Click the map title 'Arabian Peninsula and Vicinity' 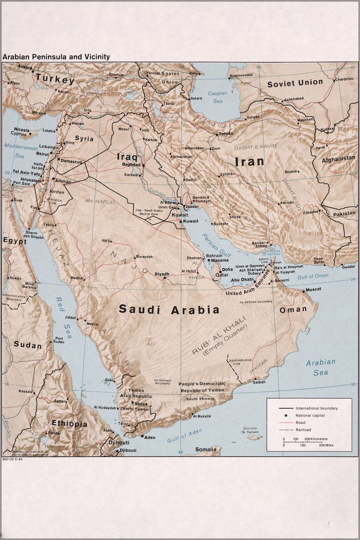[x=56, y=57]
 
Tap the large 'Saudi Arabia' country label [x=169, y=310]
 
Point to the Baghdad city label [x=131, y=164]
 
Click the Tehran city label [x=226, y=133]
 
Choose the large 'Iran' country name [x=249, y=161]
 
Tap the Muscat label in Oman [x=313, y=289]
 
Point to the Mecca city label [x=92, y=324]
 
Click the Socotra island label [x=250, y=429]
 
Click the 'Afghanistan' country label [x=338, y=158]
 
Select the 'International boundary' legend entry [x=316, y=408]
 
